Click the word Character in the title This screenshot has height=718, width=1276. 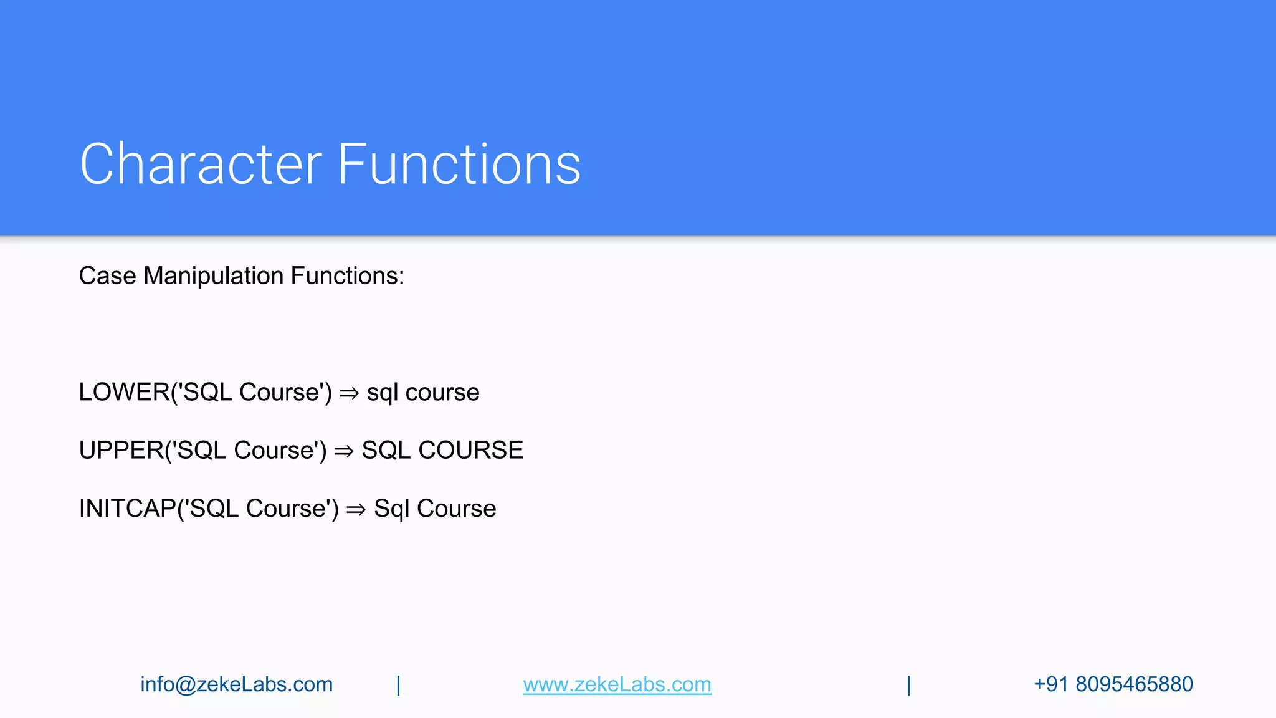201,164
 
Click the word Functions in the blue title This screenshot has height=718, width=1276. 459,164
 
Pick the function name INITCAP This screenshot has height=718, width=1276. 127,509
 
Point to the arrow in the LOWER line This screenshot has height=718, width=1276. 350,393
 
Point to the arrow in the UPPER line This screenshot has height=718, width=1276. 344,451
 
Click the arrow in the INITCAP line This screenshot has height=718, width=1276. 356,510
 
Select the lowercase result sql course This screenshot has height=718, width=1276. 423,392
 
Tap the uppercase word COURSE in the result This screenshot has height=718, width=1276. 470,450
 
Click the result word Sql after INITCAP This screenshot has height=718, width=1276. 391,509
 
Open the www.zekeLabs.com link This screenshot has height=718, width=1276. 617,684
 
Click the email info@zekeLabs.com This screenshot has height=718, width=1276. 236,684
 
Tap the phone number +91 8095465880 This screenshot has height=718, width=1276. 1113,684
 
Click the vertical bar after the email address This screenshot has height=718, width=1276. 398,685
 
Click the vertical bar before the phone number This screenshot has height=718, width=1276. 908,685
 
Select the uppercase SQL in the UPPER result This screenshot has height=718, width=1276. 386,450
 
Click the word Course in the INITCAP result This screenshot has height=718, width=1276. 456,509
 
